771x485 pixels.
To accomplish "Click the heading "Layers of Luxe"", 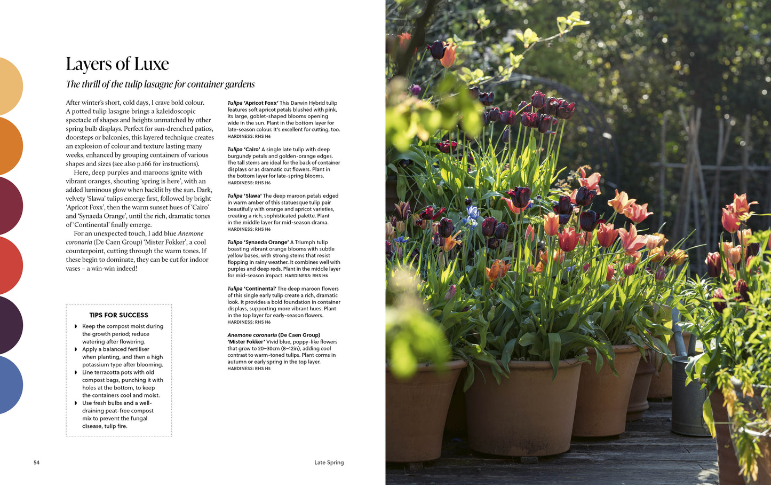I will pos(117,64).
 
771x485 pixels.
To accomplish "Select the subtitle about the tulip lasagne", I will pos(160,84).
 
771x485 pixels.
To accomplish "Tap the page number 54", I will pos(36,463).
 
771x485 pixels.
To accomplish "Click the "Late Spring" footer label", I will pos(329,463).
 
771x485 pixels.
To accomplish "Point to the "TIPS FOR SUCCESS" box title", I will pos(118,315).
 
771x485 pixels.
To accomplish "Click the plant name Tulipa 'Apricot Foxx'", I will pos(252,103).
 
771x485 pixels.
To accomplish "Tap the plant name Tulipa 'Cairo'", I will pos(243,150).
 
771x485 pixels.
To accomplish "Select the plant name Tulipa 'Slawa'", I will pos(244,196).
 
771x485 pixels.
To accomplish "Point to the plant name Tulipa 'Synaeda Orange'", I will pos(258,242).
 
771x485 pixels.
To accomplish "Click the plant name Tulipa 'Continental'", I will pos(252,289).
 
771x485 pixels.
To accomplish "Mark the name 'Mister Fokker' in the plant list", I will pos(247,342).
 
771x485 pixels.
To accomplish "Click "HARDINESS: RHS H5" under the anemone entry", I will pos(249,369).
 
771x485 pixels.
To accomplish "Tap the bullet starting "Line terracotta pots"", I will pos(118,372).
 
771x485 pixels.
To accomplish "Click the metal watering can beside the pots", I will pos(688,395).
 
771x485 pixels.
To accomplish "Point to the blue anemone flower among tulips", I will pos(472,214).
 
